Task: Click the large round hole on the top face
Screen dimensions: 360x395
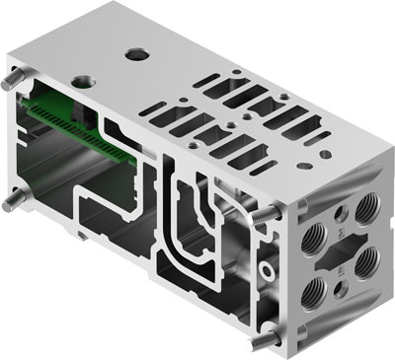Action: click(x=134, y=53)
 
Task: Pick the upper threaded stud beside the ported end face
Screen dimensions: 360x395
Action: click(x=268, y=214)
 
